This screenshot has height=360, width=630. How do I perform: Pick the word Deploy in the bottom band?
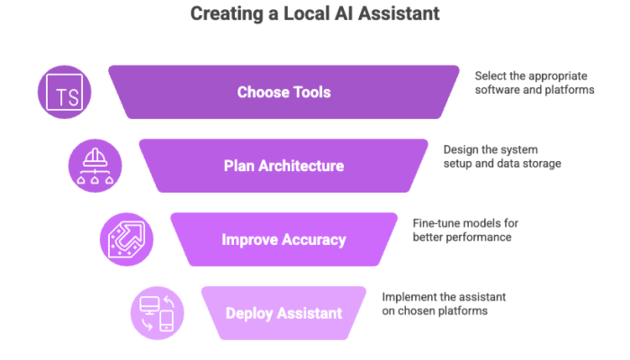point(247,314)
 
